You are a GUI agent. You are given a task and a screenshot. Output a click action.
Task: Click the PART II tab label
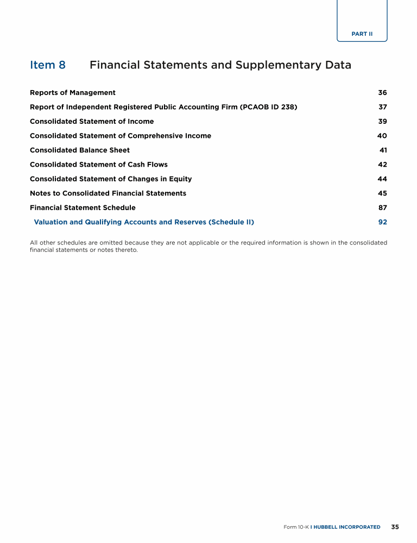point(362,34)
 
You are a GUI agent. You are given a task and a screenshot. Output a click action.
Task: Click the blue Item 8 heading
point(48,65)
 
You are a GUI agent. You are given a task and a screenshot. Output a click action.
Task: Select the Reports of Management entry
point(73,93)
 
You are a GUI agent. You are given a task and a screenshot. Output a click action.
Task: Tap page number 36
point(382,93)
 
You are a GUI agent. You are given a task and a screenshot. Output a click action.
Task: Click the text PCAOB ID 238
point(269,107)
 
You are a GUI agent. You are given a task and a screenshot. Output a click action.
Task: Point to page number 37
point(382,107)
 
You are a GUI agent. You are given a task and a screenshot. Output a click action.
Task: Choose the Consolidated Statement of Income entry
point(92,122)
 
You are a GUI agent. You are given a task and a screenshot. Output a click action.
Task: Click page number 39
point(382,122)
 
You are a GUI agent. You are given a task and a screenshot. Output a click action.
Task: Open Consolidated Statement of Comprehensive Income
point(121,136)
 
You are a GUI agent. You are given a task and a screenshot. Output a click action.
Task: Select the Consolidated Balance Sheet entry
point(80,150)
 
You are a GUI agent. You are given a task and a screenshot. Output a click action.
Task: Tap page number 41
point(383,150)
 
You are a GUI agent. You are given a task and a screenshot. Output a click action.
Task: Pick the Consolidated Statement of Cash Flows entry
point(99,165)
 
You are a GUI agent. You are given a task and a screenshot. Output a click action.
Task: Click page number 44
point(382,179)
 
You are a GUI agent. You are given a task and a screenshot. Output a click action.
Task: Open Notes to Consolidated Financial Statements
point(108,193)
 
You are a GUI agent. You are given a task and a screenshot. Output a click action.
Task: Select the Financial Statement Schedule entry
point(83,208)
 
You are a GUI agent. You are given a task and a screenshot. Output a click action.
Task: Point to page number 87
point(382,208)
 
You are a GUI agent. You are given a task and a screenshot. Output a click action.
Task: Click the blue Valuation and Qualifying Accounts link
point(144,222)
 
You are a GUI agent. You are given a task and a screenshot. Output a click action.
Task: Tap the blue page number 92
point(382,222)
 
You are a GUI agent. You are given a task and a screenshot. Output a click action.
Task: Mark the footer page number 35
point(395,527)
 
